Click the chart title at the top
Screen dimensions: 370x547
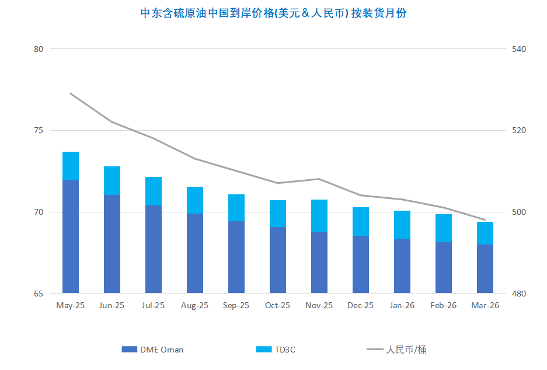pyautogui.click(x=273, y=13)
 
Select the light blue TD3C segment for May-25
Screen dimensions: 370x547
pyautogui.click(x=71, y=166)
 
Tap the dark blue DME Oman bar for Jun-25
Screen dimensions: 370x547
pyautogui.click(x=112, y=244)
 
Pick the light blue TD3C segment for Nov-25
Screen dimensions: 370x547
pyautogui.click(x=319, y=216)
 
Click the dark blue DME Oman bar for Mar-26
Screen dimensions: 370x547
pyautogui.click(x=485, y=268)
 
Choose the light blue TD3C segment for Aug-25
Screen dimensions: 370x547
pyautogui.click(x=195, y=200)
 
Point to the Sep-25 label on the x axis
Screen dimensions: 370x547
pyautogui.click(x=236, y=305)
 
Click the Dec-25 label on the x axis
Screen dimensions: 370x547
pyautogui.click(x=360, y=305)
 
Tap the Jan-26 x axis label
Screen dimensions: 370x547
pyautogui.click(x=402, y=305)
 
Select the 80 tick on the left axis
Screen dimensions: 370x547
pyautogui.click(x=39, y=49)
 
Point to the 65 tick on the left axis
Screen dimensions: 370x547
pyautogui.click(x=39, y=294)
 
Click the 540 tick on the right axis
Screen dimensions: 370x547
pyautogui.click(x=519, y=49)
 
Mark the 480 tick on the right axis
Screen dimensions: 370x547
pyautogui.click(x=519, y=294)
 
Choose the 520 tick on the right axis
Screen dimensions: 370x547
pyautogui.click(x=519, y=131)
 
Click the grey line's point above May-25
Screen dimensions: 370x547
pyautogui.click(x=71, y=93)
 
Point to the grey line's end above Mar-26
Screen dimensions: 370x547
pyautogui.click(x=485, y=220)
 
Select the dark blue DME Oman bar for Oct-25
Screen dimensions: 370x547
pyautogui.click(x=278, y=260)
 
